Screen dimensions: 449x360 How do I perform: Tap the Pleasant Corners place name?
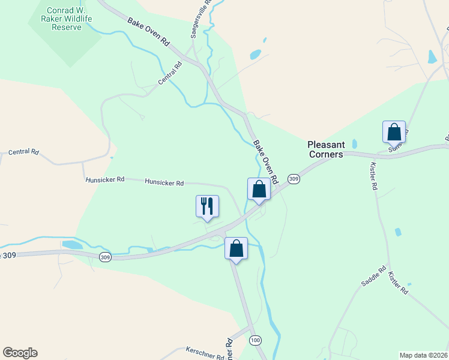326,149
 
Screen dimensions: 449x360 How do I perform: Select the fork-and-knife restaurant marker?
207,206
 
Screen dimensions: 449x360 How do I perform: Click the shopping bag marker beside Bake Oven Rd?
259,189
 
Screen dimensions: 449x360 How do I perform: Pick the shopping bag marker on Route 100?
236,247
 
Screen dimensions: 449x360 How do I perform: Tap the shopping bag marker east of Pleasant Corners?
394,132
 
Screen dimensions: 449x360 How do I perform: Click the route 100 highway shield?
256,340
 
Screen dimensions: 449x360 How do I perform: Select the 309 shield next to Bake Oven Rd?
294,179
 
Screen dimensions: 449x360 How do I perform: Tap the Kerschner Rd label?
205,353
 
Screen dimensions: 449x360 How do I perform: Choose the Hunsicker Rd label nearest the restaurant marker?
164,183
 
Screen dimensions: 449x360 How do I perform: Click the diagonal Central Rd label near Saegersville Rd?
170,74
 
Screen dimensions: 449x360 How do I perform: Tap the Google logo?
20,353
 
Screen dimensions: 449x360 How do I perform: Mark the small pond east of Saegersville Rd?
256,55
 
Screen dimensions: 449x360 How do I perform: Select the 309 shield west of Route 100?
106,257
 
